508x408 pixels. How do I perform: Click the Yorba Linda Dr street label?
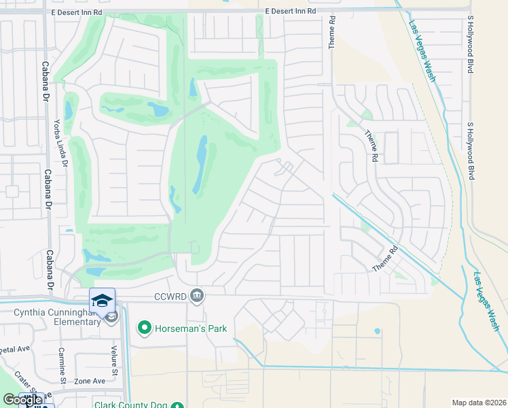pyautogui.click(x=60, y=143)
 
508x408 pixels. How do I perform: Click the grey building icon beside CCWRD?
pyautogui.click(x=197, y=294)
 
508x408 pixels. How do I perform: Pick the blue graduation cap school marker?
pyautogui.click(x=102, y=300)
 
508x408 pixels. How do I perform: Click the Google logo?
pyautogui.click(x=22, y=400)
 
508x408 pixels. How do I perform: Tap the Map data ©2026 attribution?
pyautogui.click(x=478, y=403)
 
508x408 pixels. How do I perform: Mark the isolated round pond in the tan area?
pyautogui.click(x=377, y=331)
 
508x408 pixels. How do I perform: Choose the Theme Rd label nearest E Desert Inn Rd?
pyautogui.click(x=332, y=33)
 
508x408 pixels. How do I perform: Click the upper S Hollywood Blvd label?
pyautogui.click(x=470, y=46)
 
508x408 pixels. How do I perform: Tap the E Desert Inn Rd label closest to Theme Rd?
pyautogui.click(x=291, y=11)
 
